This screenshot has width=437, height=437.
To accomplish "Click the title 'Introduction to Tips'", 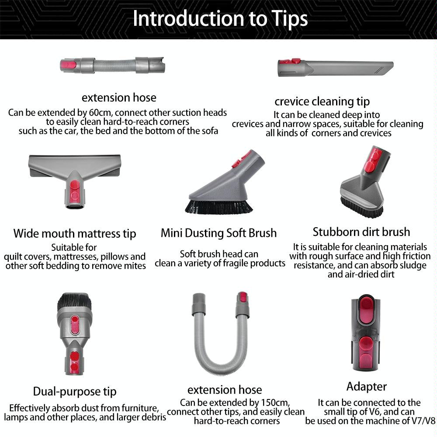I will click(220, 19).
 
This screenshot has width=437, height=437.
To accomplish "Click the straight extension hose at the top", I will click(113, 65).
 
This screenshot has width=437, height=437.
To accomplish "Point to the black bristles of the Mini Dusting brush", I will click(218, 206).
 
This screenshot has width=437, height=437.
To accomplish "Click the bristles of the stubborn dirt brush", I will click(361, 207).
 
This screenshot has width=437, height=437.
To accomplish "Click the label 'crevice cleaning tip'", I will click(322, 102).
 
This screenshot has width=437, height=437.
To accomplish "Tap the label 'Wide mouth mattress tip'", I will click(75, 233).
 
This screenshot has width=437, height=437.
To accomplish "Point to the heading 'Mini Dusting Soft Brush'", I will click(218, 232).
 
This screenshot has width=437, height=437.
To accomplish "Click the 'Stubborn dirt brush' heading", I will click(361, 232).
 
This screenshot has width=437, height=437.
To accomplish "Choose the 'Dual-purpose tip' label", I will click(75, 391).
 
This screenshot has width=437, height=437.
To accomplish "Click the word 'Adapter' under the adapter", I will click(367, 387).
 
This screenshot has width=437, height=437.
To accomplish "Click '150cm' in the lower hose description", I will click(273, 402).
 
